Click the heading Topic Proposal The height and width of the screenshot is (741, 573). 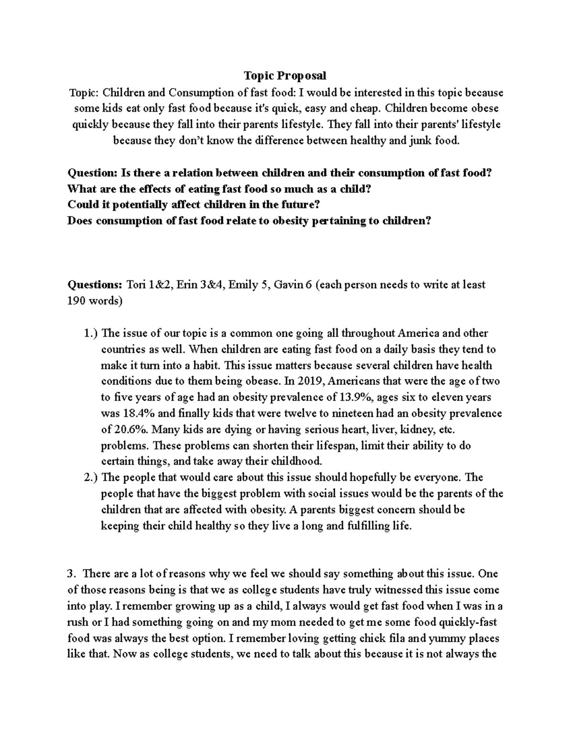285,75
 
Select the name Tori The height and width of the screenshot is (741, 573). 137,285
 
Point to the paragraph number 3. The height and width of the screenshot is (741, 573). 71,574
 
